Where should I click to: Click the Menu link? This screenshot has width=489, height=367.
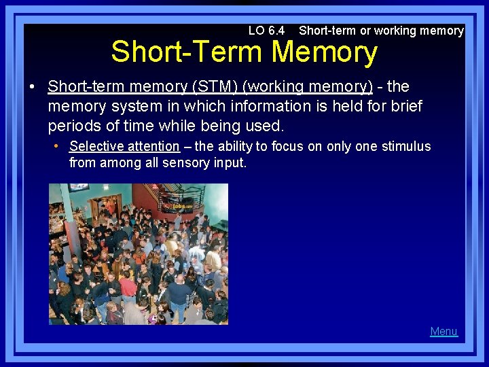point(443,332)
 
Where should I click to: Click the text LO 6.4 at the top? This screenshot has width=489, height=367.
point(266,31)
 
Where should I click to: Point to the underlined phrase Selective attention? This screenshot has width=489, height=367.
point(124,146)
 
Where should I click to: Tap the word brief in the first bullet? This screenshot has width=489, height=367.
point(405,107)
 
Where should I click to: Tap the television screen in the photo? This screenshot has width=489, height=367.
point(79,188)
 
